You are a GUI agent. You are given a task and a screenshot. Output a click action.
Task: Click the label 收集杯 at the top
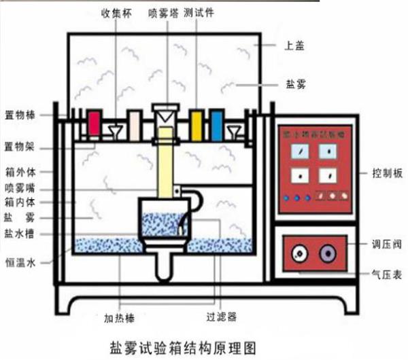116,12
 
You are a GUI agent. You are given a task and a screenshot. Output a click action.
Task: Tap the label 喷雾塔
163,12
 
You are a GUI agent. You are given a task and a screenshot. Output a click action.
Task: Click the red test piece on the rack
94,123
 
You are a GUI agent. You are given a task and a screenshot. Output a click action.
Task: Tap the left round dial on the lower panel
299,253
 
